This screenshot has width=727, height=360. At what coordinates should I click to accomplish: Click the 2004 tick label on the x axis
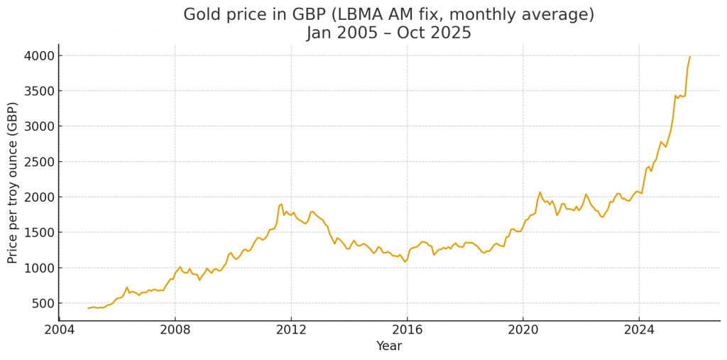(59, 329)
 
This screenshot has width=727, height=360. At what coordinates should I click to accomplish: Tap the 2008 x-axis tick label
(175, 329)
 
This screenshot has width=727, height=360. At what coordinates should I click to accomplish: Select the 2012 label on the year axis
(291, 329)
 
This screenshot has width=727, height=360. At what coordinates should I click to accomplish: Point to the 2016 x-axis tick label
(407, 329)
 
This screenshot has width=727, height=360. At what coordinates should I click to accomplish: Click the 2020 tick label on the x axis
(523, 329)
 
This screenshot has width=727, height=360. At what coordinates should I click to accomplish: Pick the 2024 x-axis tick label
(638, 329)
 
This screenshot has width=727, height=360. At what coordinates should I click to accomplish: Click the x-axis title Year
(389, 346)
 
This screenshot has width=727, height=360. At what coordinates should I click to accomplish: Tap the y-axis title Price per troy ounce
(13, 182)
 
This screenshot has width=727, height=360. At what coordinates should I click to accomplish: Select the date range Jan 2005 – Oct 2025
(389, 33)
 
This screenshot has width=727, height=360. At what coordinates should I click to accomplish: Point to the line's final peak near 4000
(689, 57)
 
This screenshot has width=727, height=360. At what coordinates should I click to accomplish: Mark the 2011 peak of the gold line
(281, 204)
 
